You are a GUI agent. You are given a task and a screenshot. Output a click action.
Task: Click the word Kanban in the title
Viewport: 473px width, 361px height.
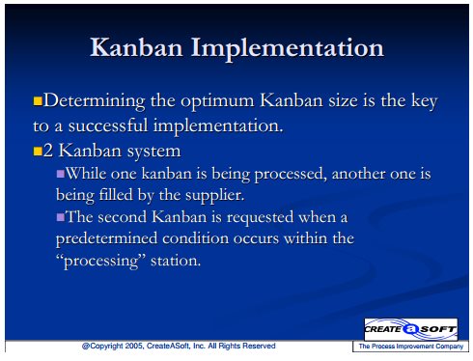pyautogui.click(x=136, y=47)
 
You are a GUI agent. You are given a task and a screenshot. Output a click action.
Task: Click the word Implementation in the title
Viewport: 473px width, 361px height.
pyautogui.click(x=288, y=49)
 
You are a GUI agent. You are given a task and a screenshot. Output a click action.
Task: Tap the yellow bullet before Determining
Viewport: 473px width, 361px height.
pyautogui.click(x=38, y=101)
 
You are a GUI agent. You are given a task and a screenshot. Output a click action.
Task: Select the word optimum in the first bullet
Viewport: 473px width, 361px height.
pyautogui.click(x=217, y=102)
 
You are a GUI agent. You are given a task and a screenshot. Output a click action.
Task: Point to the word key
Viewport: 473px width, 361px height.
pyautogui.click(x=425, y=101)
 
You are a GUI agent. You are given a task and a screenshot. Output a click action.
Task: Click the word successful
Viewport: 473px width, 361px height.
pyautogui.click(x=108, y=125)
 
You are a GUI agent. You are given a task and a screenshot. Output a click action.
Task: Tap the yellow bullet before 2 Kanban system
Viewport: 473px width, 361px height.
pyautogui.click(x=38, y=151)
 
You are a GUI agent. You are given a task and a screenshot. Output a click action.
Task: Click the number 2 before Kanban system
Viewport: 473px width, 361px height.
pyautogui.click(x=48, y=151)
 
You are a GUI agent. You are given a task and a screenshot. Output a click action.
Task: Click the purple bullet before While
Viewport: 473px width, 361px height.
pyautogui.click(x=61, y=174)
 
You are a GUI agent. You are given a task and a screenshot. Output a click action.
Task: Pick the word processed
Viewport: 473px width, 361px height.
pyautogui.click(x=289, y=175)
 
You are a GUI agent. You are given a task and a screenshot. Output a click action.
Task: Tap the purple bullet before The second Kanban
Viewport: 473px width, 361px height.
pyautogui.click(x=61, y=217)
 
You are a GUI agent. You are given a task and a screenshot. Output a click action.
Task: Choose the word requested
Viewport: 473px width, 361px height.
pyautogui.click(x=260, y=218)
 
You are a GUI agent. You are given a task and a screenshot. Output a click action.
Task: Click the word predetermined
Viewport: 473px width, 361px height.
pyautogui.click(x=106, y=239)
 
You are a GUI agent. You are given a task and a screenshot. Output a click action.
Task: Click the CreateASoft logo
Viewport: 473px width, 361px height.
pyautogui.click(x=410, y=329)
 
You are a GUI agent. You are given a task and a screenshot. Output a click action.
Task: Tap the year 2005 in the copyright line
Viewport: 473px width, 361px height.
pyautogui.click(x=135, y=347)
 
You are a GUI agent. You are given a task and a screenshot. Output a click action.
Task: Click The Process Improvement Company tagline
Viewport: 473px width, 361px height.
pyautogui.click(x=411, y=347)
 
